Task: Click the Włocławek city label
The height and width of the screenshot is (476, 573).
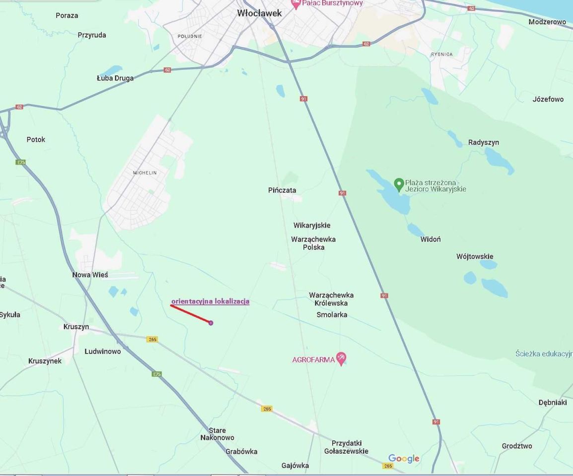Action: click(x=259, y=13)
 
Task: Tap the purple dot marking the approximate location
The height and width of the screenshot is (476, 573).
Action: click(x=211, y=323)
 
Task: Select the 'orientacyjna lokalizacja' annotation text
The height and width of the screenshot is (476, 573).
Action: click(x=210, y=301)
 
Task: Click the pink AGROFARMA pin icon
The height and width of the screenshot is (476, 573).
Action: click(x=341, y=358)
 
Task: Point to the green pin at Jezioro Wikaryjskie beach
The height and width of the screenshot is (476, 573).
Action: click(x=398, y=184)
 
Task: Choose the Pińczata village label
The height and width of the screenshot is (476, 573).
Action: click(x=282, y=190)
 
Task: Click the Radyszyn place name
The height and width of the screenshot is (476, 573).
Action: click(x=483, y=142)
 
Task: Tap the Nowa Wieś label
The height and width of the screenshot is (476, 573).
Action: click(x=90, y=275)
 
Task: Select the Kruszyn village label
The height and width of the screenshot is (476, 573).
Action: click(x=76, y=327)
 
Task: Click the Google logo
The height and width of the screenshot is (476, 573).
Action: click(x=404, y=459)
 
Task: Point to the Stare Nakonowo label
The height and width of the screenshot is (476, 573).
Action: click(x=217, y=434)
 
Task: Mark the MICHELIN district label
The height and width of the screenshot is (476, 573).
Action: click(x=144, y=173)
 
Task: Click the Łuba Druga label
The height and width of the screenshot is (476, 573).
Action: click(x=115, y=78)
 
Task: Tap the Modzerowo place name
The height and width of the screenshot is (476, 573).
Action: click(x=547, y=22)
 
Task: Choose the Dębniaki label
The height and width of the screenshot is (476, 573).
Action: click(x=553, y=402)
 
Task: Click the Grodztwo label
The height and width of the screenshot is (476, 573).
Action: click(x=516, y=446)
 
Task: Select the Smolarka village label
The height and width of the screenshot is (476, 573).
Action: click(x=332, y=314)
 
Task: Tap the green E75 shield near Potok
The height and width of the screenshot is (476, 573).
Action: click(x=20, y=162)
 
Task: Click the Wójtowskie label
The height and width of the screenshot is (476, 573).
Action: click(x=475, y=256)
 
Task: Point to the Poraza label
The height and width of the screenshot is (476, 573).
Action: click(x=67, y=15)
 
